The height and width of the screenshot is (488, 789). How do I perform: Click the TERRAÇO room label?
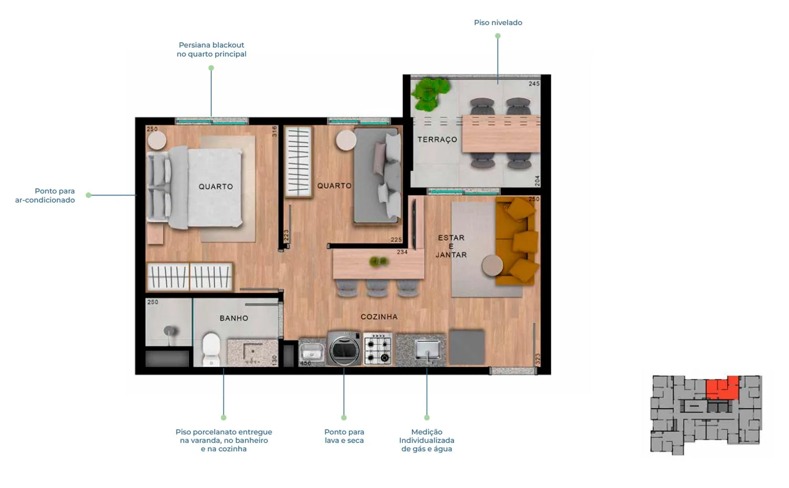(437, 139)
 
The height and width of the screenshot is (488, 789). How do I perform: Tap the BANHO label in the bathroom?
(234, 318)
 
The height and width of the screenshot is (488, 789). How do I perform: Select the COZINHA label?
(379, 317)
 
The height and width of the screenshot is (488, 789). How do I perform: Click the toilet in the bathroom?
(211, 349)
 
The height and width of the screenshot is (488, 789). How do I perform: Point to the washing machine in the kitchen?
(344, 348)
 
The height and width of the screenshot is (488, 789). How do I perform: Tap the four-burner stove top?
(378, 348)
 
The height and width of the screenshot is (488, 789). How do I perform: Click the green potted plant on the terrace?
(430, 93)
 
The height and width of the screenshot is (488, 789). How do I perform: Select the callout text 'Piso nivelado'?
(498, 23)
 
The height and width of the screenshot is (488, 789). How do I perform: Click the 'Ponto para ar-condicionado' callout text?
(45, 196)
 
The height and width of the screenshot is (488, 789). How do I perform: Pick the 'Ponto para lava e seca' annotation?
(344, 436)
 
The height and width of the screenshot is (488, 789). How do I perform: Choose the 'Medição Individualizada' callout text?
(427, 436)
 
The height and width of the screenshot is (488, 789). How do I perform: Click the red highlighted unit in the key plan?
(722, 388)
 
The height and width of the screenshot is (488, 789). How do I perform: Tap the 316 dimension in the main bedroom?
(275, 131)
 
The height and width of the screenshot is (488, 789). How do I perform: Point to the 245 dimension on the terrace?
(534, 84)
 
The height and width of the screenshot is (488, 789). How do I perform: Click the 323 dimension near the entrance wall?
(538, 359)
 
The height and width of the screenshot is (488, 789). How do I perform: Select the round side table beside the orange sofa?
(492, 266)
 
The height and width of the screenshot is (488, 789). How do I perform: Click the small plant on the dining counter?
(378, 261)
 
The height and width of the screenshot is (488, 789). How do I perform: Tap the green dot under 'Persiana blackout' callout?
(211, 68)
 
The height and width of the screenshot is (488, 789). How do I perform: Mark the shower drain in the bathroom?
(170, 331)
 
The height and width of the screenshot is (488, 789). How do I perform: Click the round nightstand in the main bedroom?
(157, 140)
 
